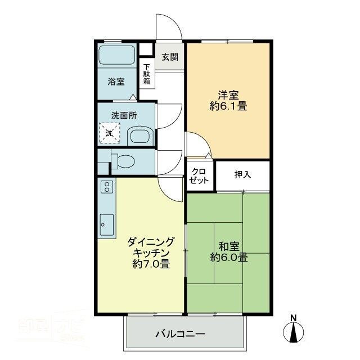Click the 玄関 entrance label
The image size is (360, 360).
(x=170, y=57)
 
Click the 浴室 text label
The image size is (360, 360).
(x=116, y=82)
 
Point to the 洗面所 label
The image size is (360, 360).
(x=124, y=115)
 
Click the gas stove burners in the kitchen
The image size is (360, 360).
(x=107, y=187)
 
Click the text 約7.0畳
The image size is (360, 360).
(x=150, y=264)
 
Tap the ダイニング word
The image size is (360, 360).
(x=151, y=242)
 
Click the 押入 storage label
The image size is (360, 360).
(x=242, y=175)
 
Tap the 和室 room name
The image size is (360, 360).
(x=228, y=246)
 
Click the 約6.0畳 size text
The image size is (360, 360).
(x=229, y=258)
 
